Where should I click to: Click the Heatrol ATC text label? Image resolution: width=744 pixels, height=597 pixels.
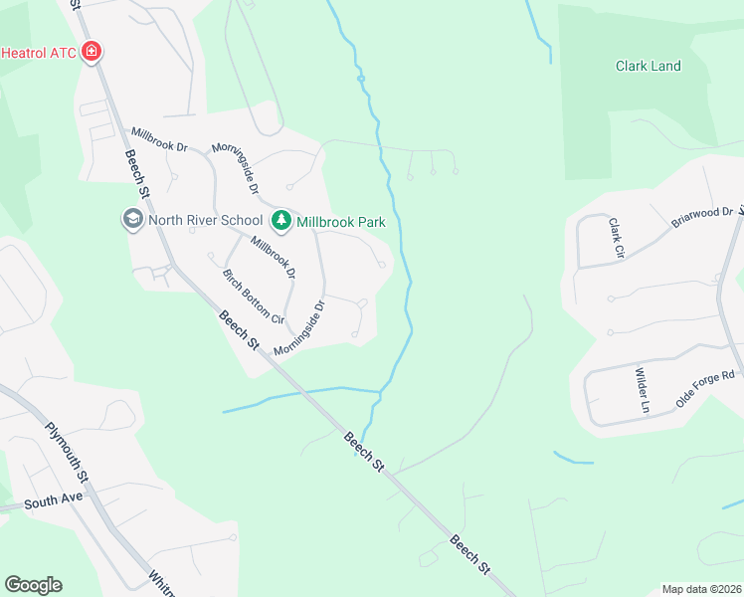[x=40, y=51]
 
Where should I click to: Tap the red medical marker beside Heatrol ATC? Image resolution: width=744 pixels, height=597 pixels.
[x=93, y=51]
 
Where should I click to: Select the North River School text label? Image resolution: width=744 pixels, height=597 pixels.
[x=205, y=220]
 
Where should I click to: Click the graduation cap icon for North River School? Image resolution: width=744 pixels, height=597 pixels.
[x=132, y=220]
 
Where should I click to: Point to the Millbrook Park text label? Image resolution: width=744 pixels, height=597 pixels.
[x=341, y=222]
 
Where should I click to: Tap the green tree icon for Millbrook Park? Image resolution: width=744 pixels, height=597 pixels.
[x=281, y=221]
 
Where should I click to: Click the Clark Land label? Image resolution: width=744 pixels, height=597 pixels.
[x=648, y=67]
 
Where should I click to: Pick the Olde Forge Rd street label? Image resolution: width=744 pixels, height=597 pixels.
[x=704, y=389]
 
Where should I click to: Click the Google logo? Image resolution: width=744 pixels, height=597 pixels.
[x=33, y=585]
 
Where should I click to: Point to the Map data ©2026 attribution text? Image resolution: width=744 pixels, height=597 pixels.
[x=700, y=589]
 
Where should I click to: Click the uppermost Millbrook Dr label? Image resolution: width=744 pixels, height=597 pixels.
[x=159, y=139]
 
